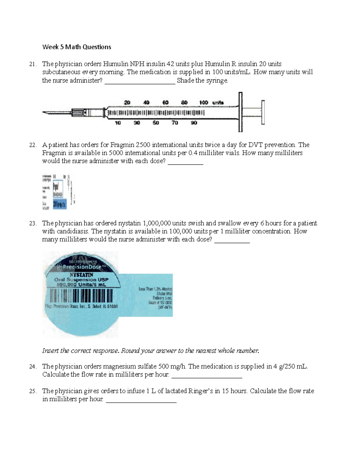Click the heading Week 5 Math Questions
[x=76, y=47]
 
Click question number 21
[x=33, y=64]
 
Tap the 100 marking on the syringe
[x=203, y=103]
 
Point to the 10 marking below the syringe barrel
[x=118, y=123]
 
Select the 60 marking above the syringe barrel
[x=165, y=103]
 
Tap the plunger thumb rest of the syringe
[x=263, y=112]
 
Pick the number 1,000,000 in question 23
[x=157, y=223]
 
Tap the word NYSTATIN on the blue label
[x=81, y=275]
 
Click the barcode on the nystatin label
[x=81, y=296]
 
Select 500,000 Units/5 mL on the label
[x=81, y=284]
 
